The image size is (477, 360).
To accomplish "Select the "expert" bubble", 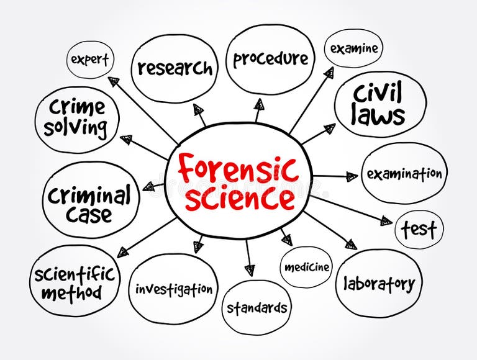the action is pos(90,60).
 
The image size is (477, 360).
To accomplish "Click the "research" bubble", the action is pos(175,68).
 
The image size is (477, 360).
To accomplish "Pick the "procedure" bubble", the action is pos(270,59).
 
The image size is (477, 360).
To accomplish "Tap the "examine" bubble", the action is pos(353,48).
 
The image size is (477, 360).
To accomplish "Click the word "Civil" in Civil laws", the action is pos(378,94).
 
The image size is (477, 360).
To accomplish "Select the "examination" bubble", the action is pos(404,173).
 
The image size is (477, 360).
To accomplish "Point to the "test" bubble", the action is pos(419,229).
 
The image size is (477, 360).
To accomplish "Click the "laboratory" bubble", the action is pos(379,284).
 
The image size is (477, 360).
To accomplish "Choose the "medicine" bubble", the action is pos(306,268).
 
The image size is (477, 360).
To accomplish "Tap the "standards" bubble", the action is pos(257,307).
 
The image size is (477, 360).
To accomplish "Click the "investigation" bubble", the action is pos(174,289).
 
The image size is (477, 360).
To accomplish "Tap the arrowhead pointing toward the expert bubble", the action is pos(114,81).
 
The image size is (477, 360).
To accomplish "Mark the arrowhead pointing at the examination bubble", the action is pos(352,177).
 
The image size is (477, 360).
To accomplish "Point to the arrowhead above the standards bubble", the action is pos(249,269).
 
